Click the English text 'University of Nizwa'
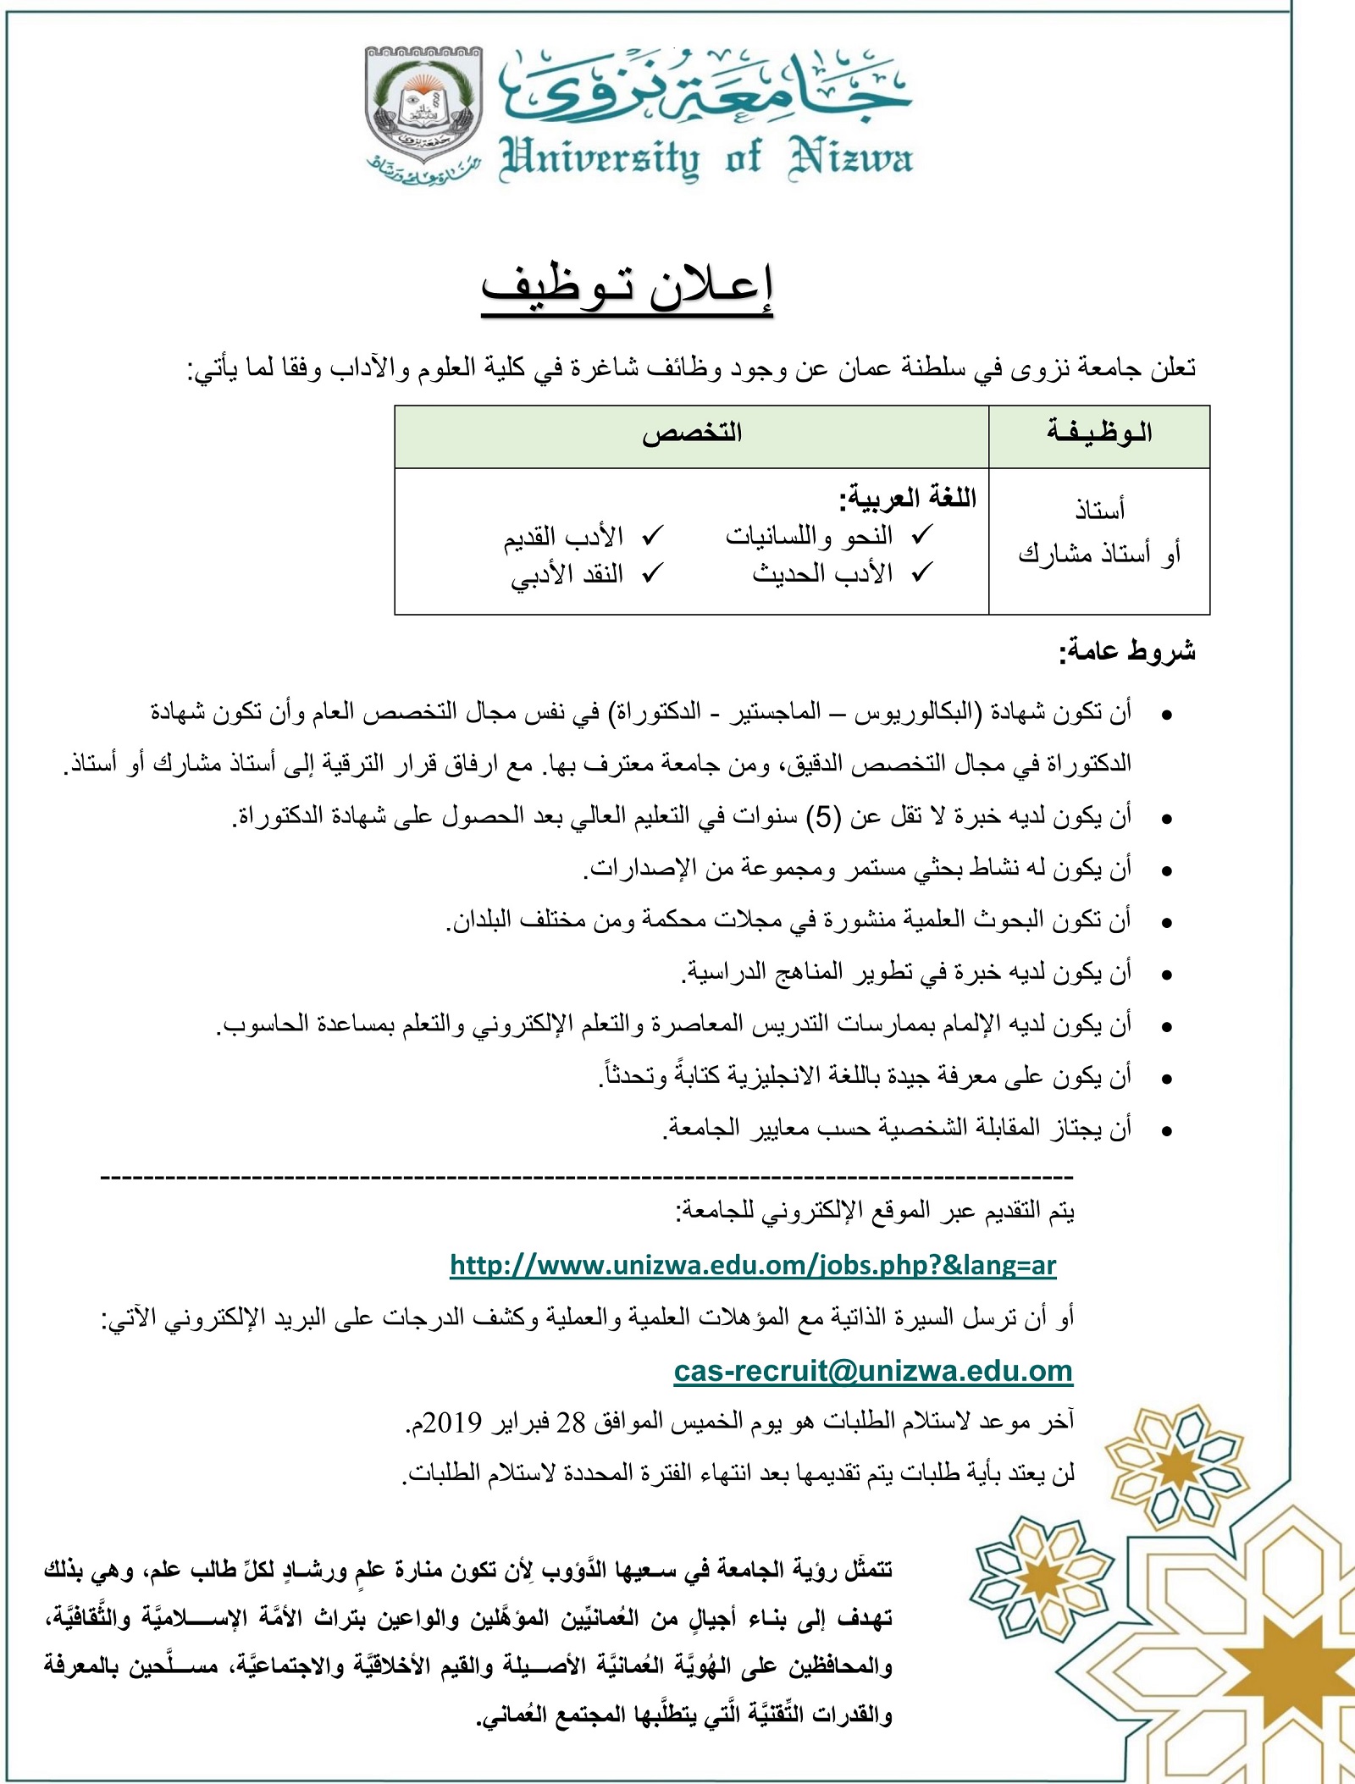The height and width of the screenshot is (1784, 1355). click(706, 158)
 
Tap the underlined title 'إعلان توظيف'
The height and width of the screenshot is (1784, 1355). click(627, 288)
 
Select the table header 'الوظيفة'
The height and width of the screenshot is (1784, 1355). click(1098, 434)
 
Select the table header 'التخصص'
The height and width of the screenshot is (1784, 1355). click(691, 434)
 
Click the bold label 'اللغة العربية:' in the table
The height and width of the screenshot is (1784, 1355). click(907, 498)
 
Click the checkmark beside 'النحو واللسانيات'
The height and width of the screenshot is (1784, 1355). click(922, 535)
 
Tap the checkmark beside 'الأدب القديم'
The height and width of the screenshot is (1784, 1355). click(652, 535)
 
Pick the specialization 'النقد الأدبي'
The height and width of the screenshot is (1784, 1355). click(567, 574)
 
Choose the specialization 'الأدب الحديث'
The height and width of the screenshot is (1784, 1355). click(822, 574)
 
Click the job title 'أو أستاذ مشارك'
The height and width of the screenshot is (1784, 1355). click(1099, 554)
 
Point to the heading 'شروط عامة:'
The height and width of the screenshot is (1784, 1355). click(1126, 651)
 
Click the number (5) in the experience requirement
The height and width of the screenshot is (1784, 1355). click(822, 817)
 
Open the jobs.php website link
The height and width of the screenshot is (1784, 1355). click(753, 1265)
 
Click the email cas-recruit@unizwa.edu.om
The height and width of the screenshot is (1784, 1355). click(873, 1371)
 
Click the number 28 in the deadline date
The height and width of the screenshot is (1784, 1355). click(570, 1422)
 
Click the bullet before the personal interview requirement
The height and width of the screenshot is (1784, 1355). click(1167, 1130)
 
